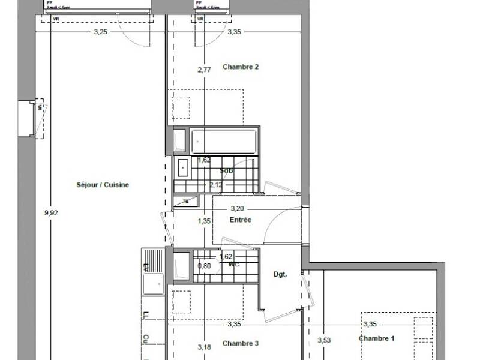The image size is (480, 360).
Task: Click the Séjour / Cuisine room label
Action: (103, 185)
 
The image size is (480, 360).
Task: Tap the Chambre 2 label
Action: (241, 67)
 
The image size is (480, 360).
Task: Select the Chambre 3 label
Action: (241, 344)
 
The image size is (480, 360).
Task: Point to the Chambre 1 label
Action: (377, 339)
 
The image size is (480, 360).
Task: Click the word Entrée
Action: (240, 220)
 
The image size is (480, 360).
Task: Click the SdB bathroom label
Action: (227, 171)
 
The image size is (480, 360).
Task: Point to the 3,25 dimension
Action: (100, 32)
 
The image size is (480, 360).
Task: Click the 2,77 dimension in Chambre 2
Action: (204, 70)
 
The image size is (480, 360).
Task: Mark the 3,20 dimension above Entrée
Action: (238, 209)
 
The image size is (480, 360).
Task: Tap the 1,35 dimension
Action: (204, 221)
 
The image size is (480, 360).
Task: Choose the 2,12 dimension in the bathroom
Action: (216, 185)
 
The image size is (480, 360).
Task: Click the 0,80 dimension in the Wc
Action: (204, 265)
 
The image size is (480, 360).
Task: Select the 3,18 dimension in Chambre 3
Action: (204, 346)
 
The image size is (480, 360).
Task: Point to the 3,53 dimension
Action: (324, 341)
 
